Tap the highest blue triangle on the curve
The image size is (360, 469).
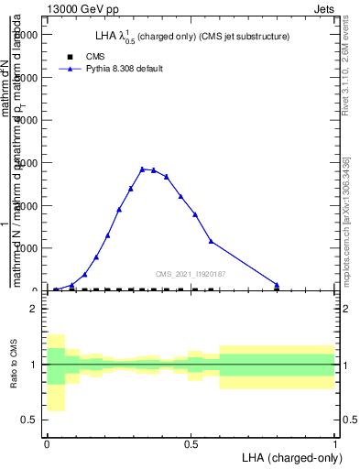(x=142, y=169)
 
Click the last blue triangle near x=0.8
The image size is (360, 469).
(x=276, y=284)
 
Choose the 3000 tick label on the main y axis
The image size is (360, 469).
(x=25, y=163)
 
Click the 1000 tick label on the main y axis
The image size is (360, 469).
(x=25, y=248)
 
